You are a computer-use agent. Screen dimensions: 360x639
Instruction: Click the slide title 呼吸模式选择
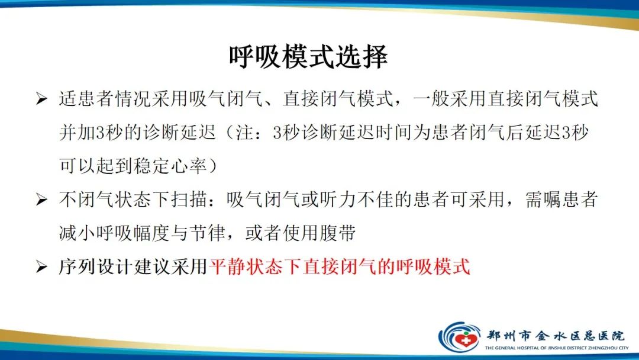click(x=308, y=57)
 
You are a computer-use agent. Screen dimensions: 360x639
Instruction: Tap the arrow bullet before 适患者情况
click(x=41, y=99)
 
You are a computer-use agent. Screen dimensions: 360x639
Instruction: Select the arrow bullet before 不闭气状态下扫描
click(x=41, y=200)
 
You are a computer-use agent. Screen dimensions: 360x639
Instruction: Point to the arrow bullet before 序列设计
click(x=41, y=268)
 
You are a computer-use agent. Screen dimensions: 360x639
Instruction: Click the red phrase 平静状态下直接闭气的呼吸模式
click(x=340, y=267)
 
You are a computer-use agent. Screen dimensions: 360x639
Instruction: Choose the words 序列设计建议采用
click(x=133, y=267)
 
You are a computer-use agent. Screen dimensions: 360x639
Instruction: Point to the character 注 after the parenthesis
click(x=239, y=133)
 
